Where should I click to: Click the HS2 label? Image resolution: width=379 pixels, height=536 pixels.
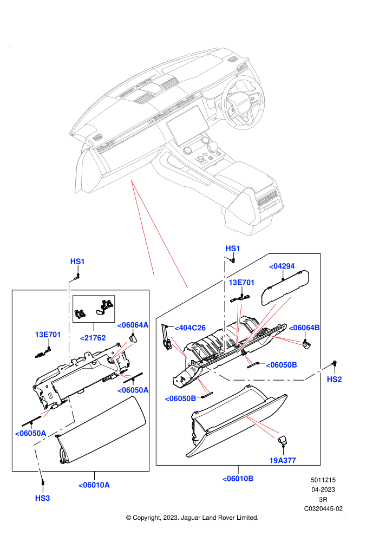pos(334,379)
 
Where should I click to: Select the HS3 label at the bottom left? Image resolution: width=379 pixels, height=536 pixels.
pos(42,498)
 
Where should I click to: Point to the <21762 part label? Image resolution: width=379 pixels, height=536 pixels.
pos(93,338)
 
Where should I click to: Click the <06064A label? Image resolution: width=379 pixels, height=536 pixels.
pos(133,325)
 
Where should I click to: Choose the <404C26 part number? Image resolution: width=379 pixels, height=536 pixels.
pos(190,328)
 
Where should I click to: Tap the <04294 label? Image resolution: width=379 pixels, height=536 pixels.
pos(282,266)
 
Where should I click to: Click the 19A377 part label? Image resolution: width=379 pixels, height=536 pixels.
pos(283,460)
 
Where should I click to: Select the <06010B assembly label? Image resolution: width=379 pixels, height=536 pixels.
pos(238,479)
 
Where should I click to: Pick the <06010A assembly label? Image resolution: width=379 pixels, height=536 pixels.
pos(94,485)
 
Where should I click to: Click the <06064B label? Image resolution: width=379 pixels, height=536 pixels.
pos(304,328)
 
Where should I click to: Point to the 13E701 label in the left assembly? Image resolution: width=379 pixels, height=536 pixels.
pos(48,335)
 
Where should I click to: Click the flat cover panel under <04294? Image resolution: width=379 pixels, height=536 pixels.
pos(285,287)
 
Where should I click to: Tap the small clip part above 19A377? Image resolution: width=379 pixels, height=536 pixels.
pos(282,440)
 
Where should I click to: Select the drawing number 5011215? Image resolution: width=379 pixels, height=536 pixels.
pos(323,480)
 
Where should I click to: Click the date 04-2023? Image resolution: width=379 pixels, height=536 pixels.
pos(323,489)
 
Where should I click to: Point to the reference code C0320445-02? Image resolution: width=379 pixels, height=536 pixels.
pos(323,508)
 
